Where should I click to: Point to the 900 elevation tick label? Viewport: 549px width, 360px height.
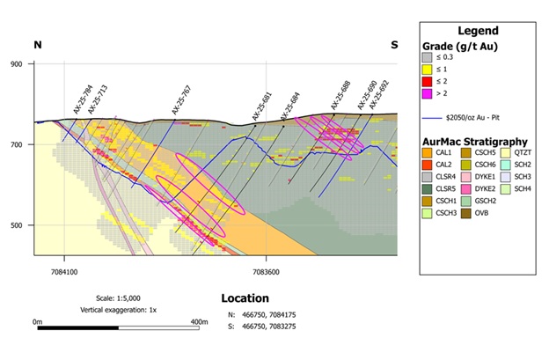click(x=16, y=64)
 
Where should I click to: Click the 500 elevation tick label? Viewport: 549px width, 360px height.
click(x=16, y=225)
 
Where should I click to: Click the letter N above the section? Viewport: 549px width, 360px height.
click(x=38, y=44)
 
